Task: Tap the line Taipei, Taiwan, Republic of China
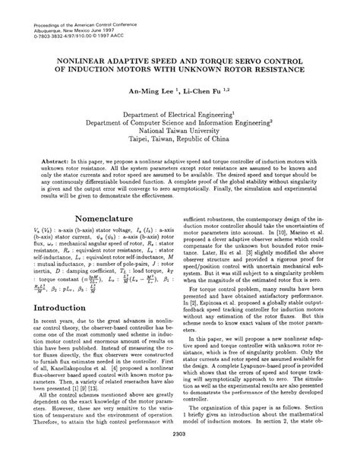(x=179, y=140)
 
